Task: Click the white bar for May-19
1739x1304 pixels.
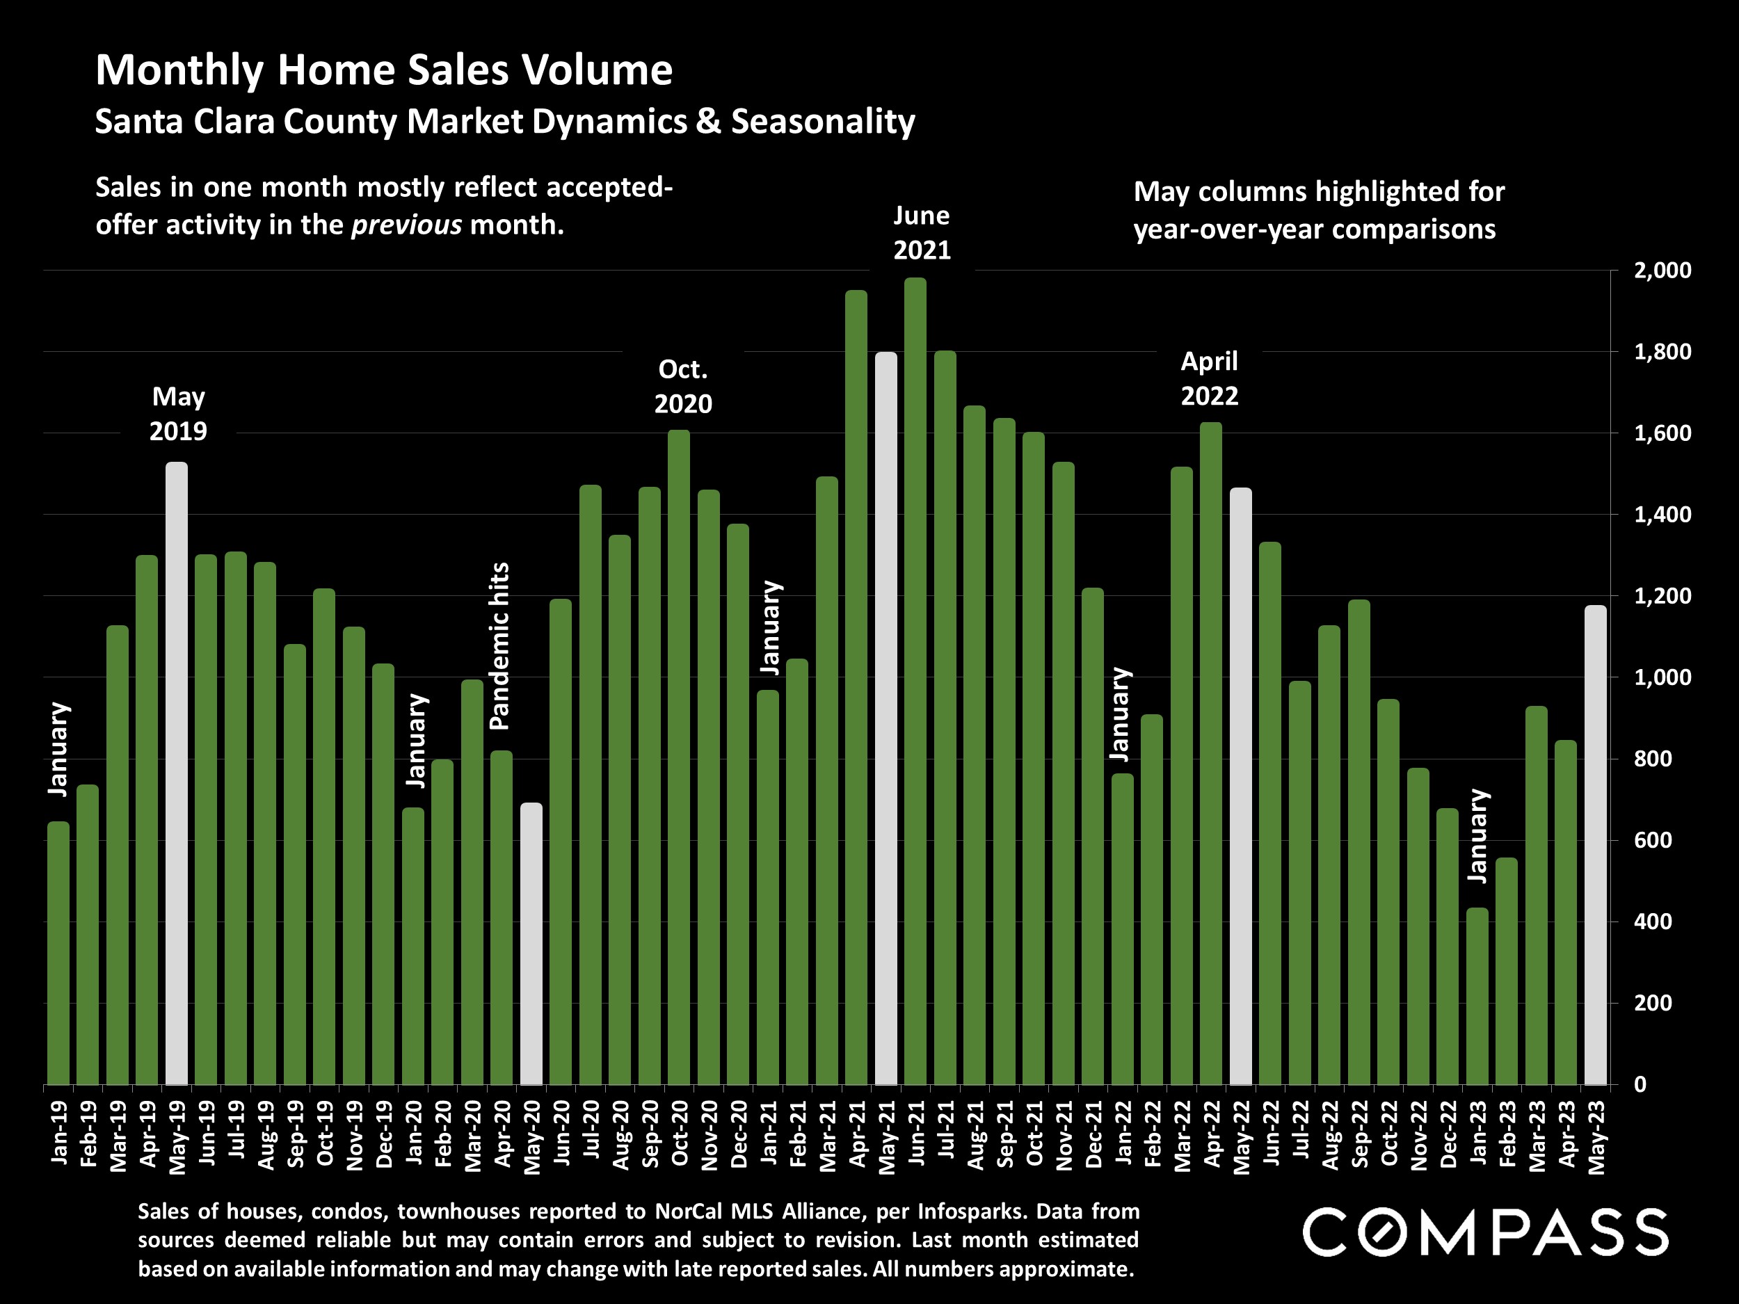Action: click(x=177, y=773)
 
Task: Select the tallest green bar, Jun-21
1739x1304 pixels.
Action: click(x=915, y=681)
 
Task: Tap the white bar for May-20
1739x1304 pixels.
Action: click(x=531, y=943)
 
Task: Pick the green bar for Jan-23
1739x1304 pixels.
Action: click(x=1477, y=996)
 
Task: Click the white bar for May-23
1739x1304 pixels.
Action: click(x=1595, y=845)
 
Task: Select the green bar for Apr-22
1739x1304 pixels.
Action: click(x=1212, y=753)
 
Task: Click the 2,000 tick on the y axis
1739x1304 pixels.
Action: click(x=1662, y=271)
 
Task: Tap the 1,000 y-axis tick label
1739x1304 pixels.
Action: click(x=1662, y=677)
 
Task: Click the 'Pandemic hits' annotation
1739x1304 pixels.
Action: click(x=500, y=646)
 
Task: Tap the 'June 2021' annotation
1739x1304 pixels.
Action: click(x=922, y=233)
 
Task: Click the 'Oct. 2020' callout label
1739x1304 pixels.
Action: click(x=683, y=387)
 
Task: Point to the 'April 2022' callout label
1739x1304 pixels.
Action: click(x=1209, y=378)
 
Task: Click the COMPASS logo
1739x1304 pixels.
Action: click(x=1485, y=1232)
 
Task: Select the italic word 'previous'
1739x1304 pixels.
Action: click(x=406, y=225)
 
